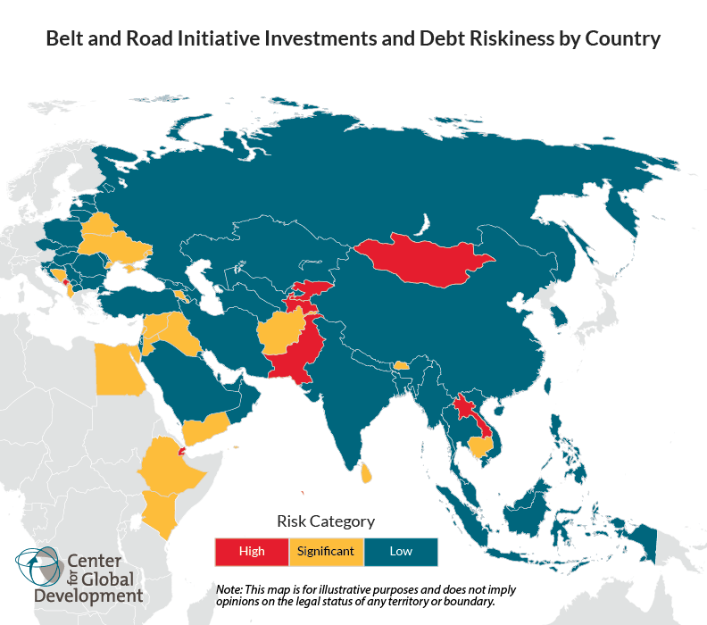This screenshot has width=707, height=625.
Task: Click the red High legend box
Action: tap(252, 551)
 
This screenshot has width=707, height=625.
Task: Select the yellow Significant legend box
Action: tap(326, 551)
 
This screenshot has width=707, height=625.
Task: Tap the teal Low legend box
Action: tap(401, 551)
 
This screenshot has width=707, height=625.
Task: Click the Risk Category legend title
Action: tap(326, 521)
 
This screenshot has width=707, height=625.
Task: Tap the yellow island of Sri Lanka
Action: tap(366, 471)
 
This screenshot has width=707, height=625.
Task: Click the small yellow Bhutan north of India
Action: tap(402, 365)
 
